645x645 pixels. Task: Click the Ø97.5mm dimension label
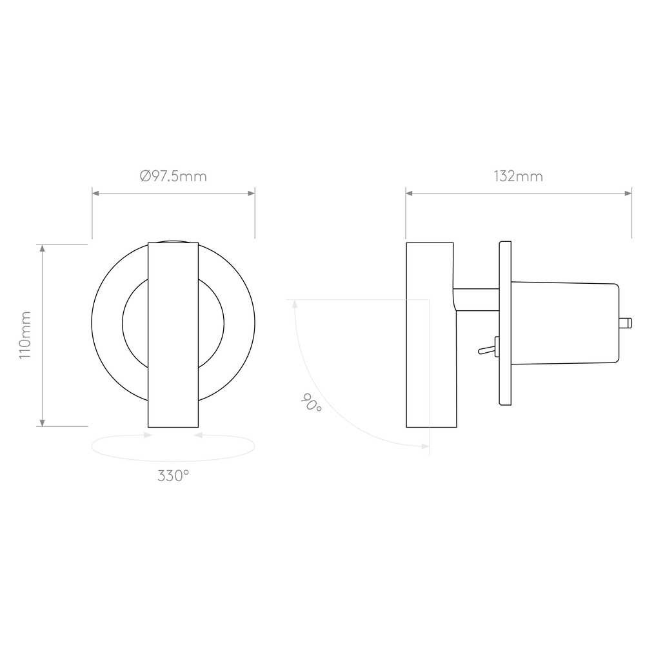(173, 177)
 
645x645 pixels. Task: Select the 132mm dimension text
(519, 177)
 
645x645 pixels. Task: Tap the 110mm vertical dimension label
(26, 335)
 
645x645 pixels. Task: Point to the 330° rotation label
(173, 476)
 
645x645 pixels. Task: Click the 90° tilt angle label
(312, 402)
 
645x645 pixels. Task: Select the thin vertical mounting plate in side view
(505, 323)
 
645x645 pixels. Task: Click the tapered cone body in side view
(565, 323)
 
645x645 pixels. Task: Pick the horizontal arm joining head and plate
(477, 299)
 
